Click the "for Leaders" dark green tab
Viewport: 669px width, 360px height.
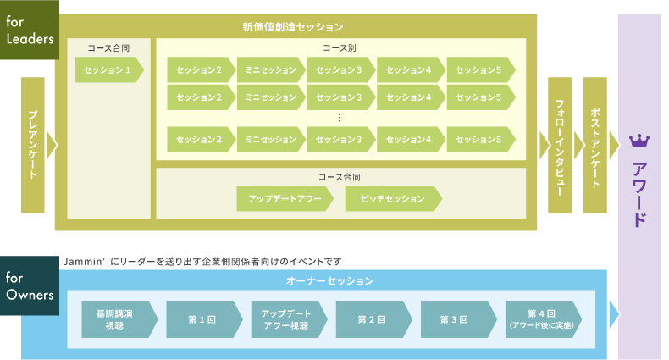pyautogui.click(x=29, y=30)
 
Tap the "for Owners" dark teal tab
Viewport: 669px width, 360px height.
pyautogui.click(x=29, y=286)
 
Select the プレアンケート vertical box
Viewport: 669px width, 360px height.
pyautogui.click(x=32, y=144)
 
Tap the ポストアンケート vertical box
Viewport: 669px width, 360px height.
pyautogui.click(x=595, y=144)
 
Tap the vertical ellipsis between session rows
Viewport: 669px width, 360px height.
pyautogui.click(x=339, y=118)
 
